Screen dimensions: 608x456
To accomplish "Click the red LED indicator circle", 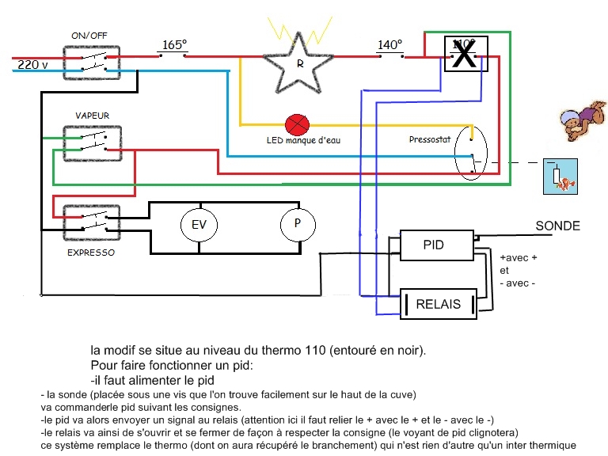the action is (297, 125).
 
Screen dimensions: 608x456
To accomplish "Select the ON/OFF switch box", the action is (92, 63).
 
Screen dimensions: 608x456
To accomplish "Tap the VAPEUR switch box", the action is (93, 143).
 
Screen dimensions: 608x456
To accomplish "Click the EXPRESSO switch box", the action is (92, 223).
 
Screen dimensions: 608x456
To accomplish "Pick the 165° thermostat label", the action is (174, 44).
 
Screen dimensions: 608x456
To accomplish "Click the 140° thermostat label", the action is (390, 44).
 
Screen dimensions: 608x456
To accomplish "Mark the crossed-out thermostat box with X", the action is (465, 54).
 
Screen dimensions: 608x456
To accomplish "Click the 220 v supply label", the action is (33, 64).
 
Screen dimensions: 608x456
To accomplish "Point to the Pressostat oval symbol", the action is (471, 153).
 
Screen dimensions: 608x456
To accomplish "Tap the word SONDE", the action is (557, 226).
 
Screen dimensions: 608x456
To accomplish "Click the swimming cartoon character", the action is (583, 120).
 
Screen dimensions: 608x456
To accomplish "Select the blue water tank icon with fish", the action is (560, 177).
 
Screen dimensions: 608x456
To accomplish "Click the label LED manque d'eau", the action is (304, 140).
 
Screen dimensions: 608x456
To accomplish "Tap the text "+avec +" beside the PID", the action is (519, 257).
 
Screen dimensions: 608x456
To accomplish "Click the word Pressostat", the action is (430, 139).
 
